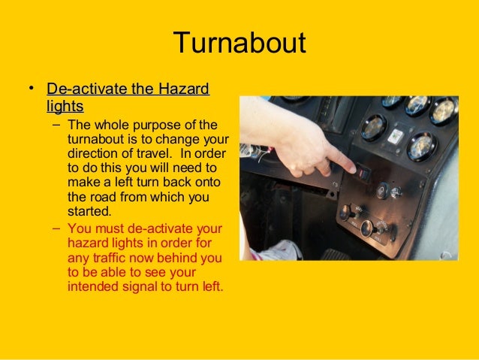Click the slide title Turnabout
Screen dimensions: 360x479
pos(239,43)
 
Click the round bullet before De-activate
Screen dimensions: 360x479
pos(32,90)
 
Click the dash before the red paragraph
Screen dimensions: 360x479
pos(58,228)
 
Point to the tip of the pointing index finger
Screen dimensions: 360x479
pos(352,170)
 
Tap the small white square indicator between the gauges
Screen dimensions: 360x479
pos(396,136)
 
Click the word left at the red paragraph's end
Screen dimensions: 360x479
pos(213,286)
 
